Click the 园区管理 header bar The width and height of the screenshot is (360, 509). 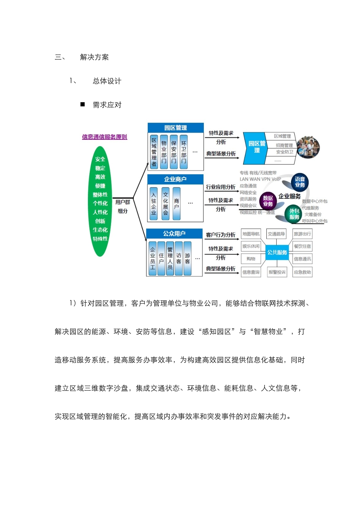175,128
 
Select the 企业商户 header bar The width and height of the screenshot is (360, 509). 175,179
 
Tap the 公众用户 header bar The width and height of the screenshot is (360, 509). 174,234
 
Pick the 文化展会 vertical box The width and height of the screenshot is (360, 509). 165,203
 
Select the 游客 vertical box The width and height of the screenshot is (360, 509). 187,258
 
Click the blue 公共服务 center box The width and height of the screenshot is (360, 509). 277,253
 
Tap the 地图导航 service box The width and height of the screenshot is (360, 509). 251,234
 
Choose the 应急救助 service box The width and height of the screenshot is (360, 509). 302,272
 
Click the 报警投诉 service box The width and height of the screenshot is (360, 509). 277,272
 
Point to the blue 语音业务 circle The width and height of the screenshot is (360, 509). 300,182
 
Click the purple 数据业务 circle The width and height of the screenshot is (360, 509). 268,201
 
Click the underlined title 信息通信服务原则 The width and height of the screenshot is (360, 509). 105,137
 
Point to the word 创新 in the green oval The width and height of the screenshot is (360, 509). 100,221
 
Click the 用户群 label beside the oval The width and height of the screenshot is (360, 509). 122,202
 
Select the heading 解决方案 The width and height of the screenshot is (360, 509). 94,57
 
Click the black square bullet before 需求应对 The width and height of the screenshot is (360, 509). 83,105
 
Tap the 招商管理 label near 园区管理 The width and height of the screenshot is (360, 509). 284,145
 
